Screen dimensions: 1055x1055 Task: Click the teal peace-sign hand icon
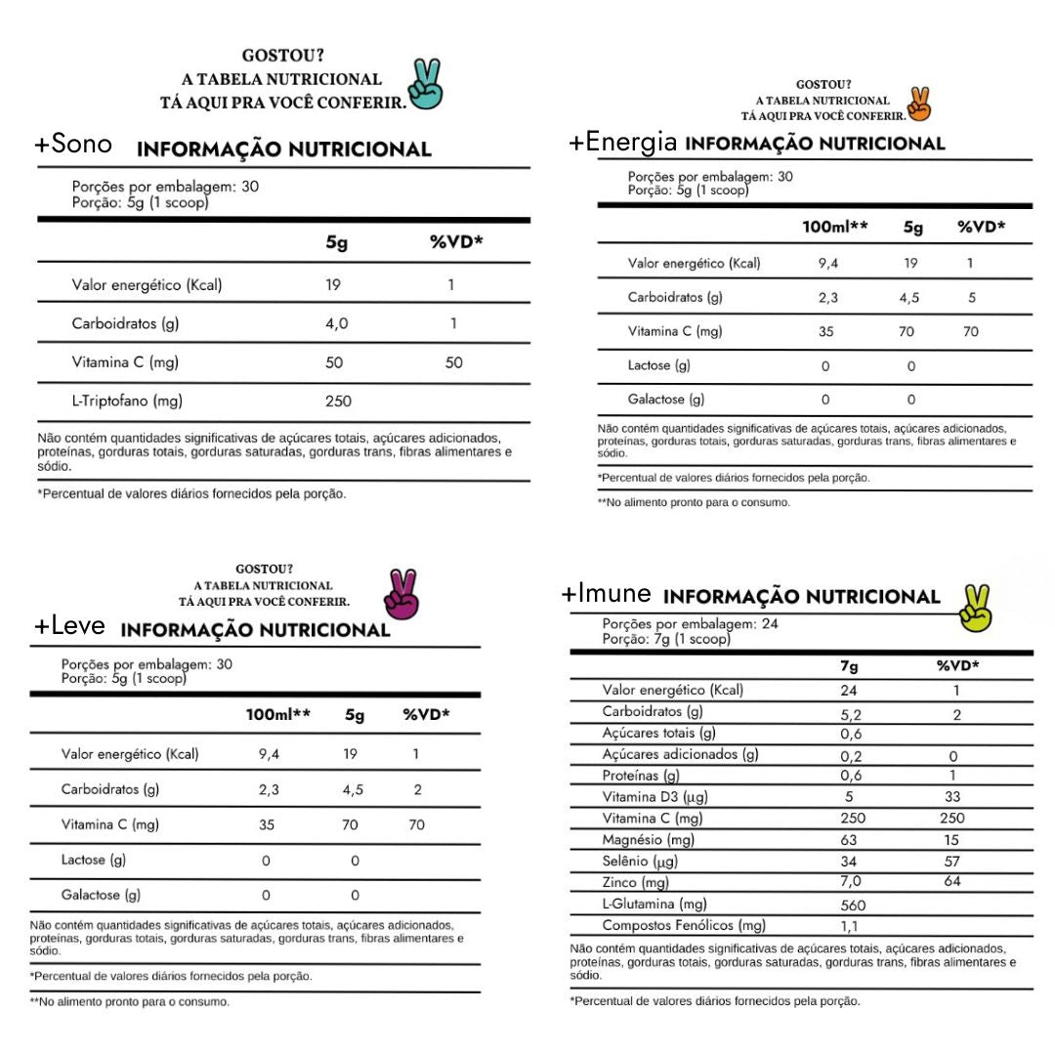coord(425,85)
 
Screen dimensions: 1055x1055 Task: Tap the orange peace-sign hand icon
coord(919,103)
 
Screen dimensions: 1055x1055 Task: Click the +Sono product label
coord(73,144)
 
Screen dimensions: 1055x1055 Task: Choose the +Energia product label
coord(623,142)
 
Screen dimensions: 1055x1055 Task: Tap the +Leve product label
coord(69,626)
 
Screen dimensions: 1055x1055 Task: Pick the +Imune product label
coord(606,593)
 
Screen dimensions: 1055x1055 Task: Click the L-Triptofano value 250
coord(338,401)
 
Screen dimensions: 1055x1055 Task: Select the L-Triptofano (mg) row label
coord(127,401)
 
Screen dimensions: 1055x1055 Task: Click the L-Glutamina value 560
coord(853,905)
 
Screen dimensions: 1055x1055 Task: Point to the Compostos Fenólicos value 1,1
coord(850,926)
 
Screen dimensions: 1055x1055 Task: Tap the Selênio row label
coord(640,862)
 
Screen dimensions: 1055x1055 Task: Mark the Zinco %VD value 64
coord(952,882)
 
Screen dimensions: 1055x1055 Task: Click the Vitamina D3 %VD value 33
coord(952,797)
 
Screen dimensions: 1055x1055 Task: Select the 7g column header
coord(849,666)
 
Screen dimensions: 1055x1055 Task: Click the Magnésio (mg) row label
coord(649,840)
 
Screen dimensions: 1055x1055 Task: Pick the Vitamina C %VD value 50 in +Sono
coord(454,362)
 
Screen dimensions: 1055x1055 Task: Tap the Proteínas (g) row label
coord(641,776)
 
